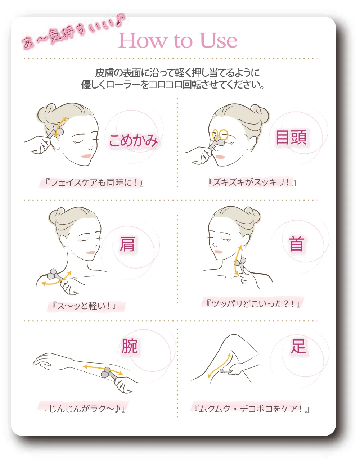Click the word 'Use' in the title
coord(218,40)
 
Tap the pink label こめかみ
coord(133,140)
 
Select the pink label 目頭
coord(291,137)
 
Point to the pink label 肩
coord(127,244)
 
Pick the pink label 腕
coord(129,346)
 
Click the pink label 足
coord(298,346)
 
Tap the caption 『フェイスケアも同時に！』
coord(94,182)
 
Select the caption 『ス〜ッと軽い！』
coord(85,306)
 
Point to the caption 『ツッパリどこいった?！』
coord(253,304)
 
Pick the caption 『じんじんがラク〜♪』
coord(85,409)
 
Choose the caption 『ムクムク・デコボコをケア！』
coord(251,409)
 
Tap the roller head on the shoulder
coord(52,274)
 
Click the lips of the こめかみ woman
coord(86,156)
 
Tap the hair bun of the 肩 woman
coord(55,216)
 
